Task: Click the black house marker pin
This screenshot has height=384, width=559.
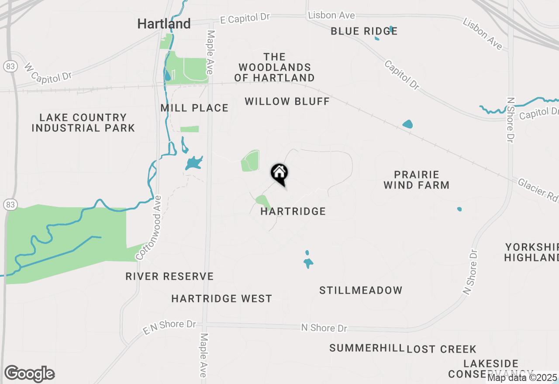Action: (279, 174)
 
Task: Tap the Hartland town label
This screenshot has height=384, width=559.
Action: (164, 24)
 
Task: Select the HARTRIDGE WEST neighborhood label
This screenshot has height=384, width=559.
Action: (221, 299)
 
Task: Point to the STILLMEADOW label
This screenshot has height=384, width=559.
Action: (361, 291)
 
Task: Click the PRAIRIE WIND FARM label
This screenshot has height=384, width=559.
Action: (416, 180)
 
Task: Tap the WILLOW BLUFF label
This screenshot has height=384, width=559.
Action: (287, 102)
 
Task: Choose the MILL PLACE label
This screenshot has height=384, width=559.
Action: (194, 108)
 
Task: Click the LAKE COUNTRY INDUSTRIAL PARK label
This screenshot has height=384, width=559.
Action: (83, 123)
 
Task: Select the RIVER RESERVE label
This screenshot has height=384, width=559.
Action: (169, 277)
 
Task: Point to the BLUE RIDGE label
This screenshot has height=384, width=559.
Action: (364, 31)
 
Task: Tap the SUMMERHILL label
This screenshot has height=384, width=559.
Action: (367, 348)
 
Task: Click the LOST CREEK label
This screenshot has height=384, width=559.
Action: (441, 350)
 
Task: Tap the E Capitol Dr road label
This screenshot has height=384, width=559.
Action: (245, 18)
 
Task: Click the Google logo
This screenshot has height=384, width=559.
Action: (29, 374)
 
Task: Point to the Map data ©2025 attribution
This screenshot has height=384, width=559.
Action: (523, 378)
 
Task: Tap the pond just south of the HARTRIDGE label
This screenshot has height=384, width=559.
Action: (308, 263)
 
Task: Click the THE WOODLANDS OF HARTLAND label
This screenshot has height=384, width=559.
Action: (274, 68)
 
